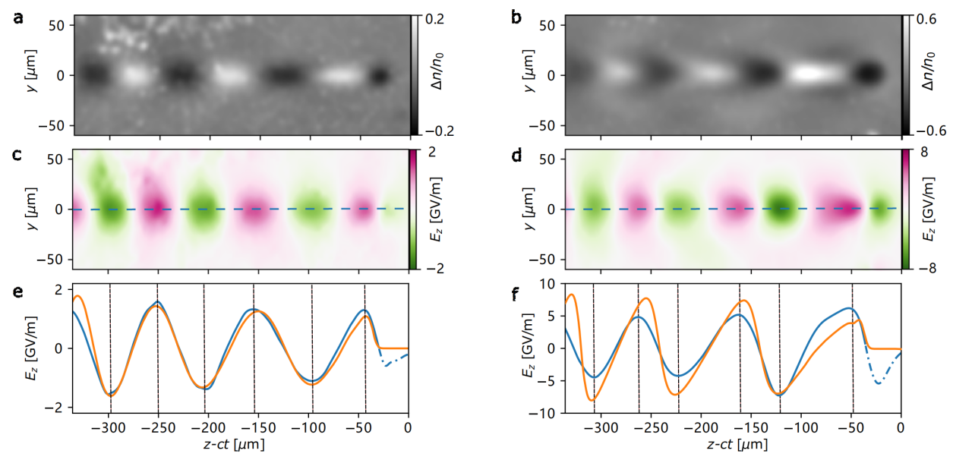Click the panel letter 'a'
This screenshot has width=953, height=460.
pos(18,19)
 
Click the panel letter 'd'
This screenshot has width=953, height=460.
pos(517,156)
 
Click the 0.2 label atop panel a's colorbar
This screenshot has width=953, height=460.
pos(434,19)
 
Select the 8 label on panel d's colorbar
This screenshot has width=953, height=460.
pos(924,152)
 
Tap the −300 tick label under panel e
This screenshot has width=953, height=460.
pos(109,427)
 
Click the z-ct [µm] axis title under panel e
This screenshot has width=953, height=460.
pos(234,445)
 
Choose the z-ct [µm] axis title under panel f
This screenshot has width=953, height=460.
pos(737,445)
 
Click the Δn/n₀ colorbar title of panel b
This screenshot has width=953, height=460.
pos(929,71)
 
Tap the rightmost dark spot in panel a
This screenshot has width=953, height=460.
pos(380,76)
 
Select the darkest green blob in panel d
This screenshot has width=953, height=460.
pos(780,208)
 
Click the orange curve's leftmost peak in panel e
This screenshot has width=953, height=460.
pos(77,296)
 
